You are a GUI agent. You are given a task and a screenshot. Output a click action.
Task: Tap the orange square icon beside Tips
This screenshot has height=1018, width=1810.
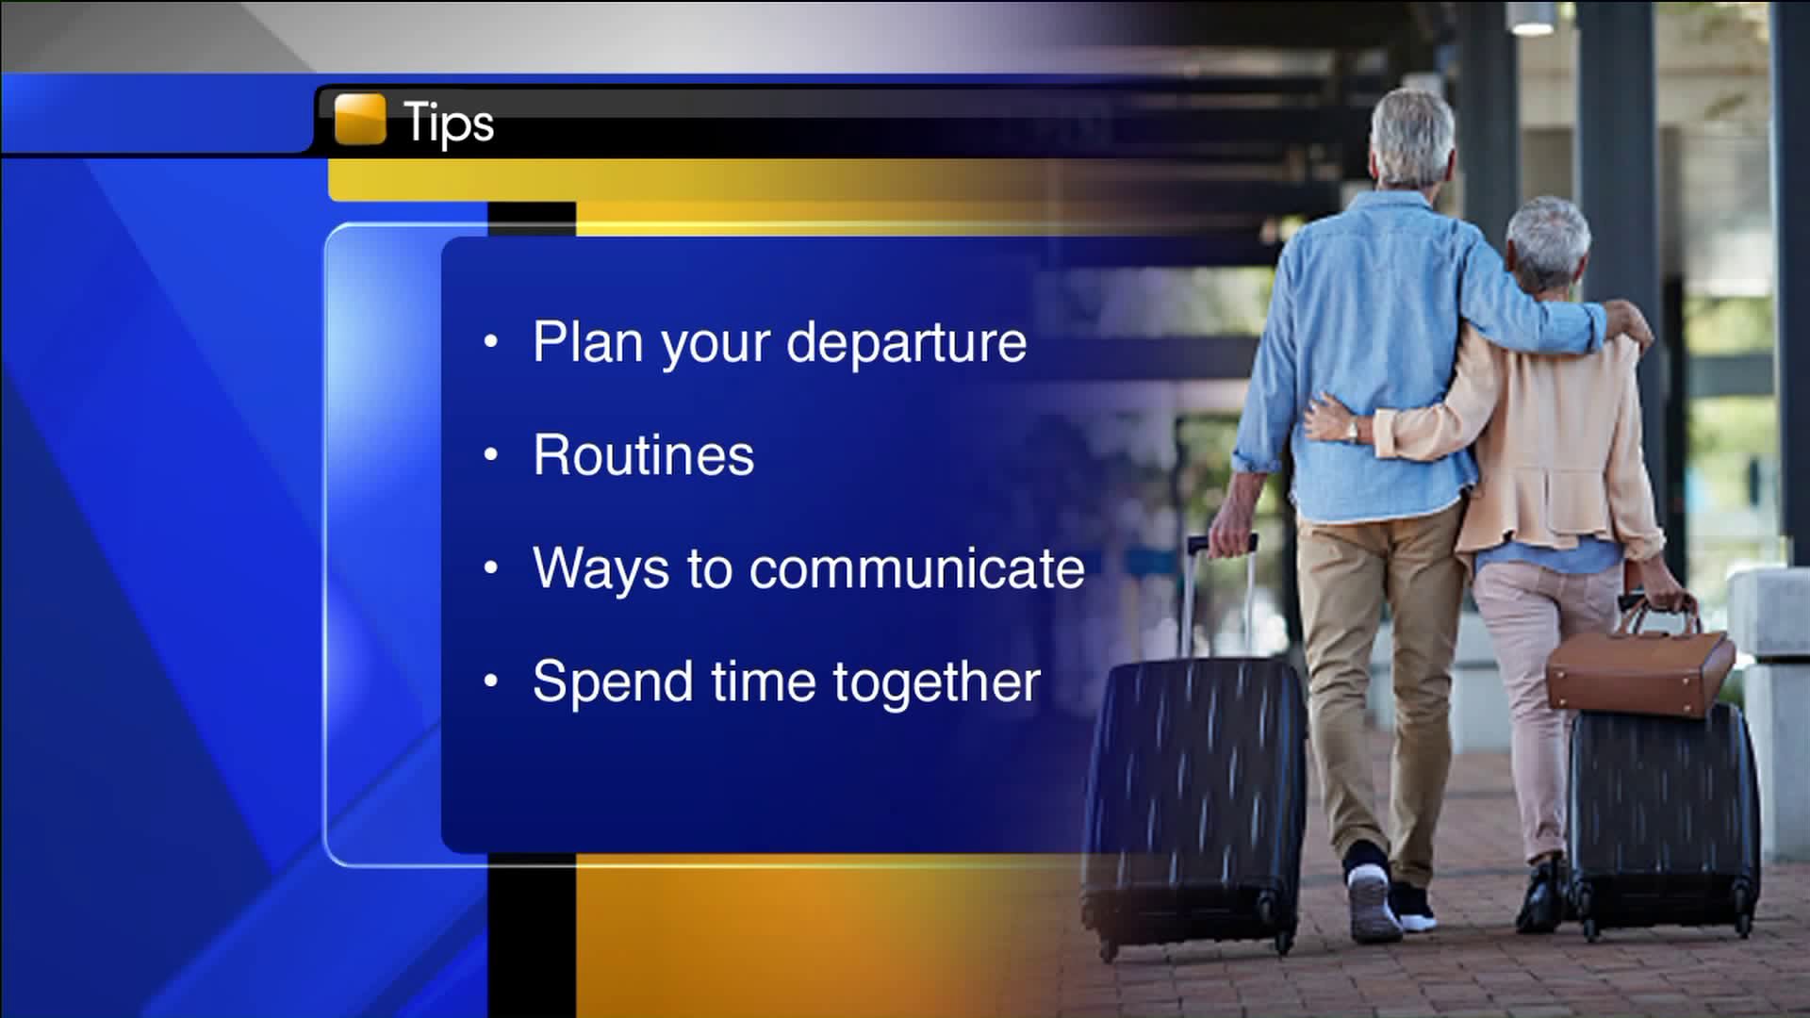360,120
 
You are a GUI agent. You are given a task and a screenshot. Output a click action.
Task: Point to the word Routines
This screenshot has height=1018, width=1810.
644,455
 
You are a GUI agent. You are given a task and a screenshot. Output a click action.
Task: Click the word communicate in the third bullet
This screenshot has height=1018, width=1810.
917,568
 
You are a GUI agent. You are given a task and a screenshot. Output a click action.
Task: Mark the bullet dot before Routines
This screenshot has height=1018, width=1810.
490,455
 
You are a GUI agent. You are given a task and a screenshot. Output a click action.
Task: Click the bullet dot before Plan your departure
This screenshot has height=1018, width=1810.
490,342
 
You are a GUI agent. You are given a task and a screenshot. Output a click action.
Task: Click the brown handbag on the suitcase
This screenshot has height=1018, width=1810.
1640,665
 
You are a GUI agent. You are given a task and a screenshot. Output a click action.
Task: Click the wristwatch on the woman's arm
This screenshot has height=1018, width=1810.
1354,430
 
